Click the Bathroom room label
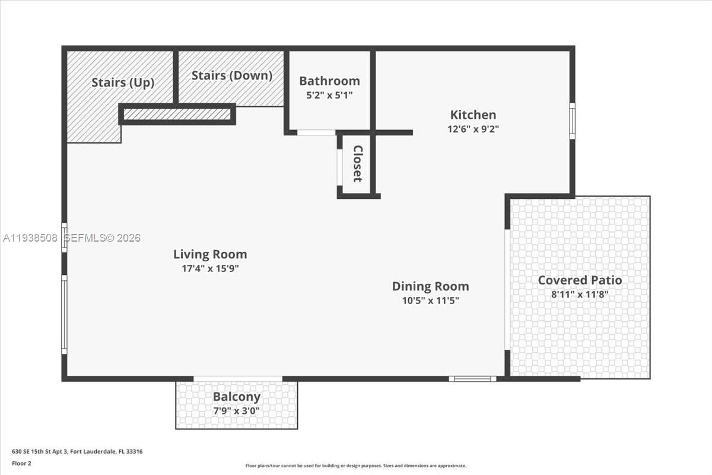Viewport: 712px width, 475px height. [329, 81]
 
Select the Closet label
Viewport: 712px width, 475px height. [357, 164]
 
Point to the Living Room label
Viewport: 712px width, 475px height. [210, 254]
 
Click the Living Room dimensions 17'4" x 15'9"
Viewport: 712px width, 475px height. [210, 268]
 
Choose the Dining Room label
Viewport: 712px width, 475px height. [430, 286]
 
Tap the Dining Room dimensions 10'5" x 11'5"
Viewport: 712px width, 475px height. [430, 300]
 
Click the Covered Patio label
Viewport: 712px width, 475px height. [580, 280]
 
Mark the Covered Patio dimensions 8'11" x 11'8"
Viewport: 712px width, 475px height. [580, 294]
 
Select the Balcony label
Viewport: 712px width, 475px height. [236, 397]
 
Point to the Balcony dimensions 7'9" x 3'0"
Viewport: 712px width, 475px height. [236, 410]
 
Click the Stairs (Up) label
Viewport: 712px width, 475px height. [123, 83]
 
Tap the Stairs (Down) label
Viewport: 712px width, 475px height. [232, 75]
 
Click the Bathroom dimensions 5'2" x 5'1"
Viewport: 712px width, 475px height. [329, 95]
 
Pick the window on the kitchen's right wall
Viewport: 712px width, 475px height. [573, 121]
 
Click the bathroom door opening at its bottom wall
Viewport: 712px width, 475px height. [316, 132]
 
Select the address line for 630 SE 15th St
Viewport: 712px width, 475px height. [77, 451]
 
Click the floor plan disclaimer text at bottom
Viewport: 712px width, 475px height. [356, 466]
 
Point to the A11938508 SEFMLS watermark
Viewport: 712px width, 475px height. [71, 237]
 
